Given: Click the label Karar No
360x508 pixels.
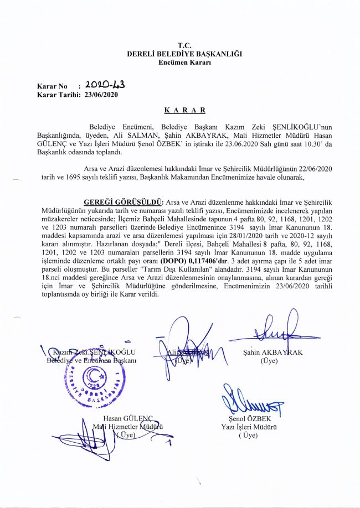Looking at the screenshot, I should coord(52,87).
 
